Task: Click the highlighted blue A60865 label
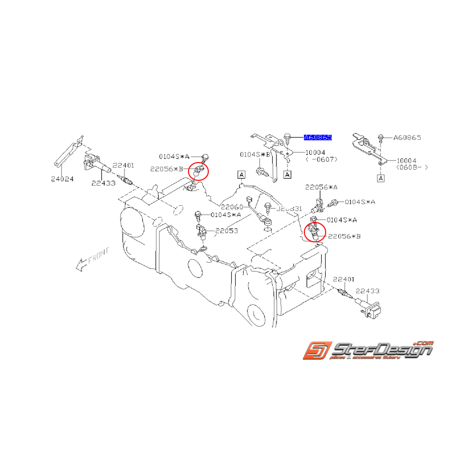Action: (318, 137)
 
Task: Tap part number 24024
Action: (62, 178)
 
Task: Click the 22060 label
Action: (232, 207)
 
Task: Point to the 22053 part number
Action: (226, 231)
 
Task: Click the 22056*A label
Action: (319, 187)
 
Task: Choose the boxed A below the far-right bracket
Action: (381, 178)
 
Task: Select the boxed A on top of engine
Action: (241, 174)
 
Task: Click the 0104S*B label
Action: (254, 154)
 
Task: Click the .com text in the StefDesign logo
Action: (424, 343)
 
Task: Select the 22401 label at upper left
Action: (123, 165)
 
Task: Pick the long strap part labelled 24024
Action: (67, 151)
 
